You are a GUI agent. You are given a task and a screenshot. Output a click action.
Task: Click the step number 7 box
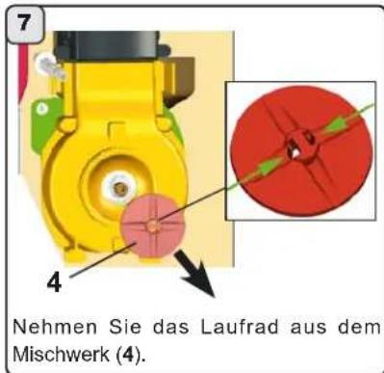(20, 20)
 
